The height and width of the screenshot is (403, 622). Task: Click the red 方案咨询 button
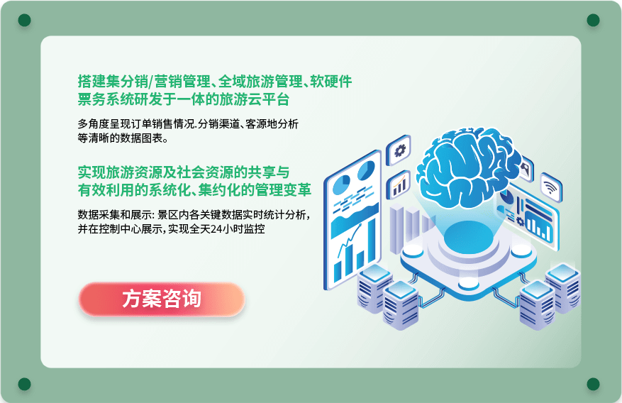tap(162, 299)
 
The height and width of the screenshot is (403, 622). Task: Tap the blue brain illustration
tap(468, 167)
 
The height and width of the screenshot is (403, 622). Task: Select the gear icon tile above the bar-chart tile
tap(399, 150)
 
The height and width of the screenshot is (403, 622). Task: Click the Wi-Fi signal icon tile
tap(551, 187)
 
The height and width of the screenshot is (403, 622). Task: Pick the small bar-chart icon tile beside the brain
tap(399, 186)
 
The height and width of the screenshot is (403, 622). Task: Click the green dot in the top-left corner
tap(25, 20)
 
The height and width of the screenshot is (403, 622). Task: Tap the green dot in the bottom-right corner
tap(593, 384)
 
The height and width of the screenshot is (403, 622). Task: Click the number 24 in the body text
tap(216, 229)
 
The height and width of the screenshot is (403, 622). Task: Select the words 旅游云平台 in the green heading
tap(254, 99)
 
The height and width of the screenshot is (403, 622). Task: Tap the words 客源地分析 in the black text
tap(272, 124)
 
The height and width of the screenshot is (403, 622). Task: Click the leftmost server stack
tap(374, 288)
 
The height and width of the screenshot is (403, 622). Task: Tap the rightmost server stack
tap(563, 287)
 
